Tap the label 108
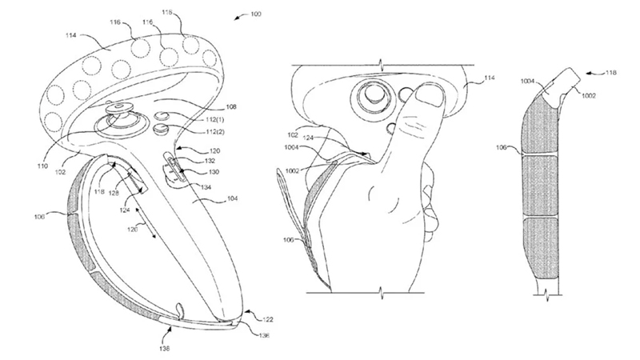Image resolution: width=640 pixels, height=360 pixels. coord(210,104)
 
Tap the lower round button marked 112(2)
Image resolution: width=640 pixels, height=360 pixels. coord(158,127)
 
